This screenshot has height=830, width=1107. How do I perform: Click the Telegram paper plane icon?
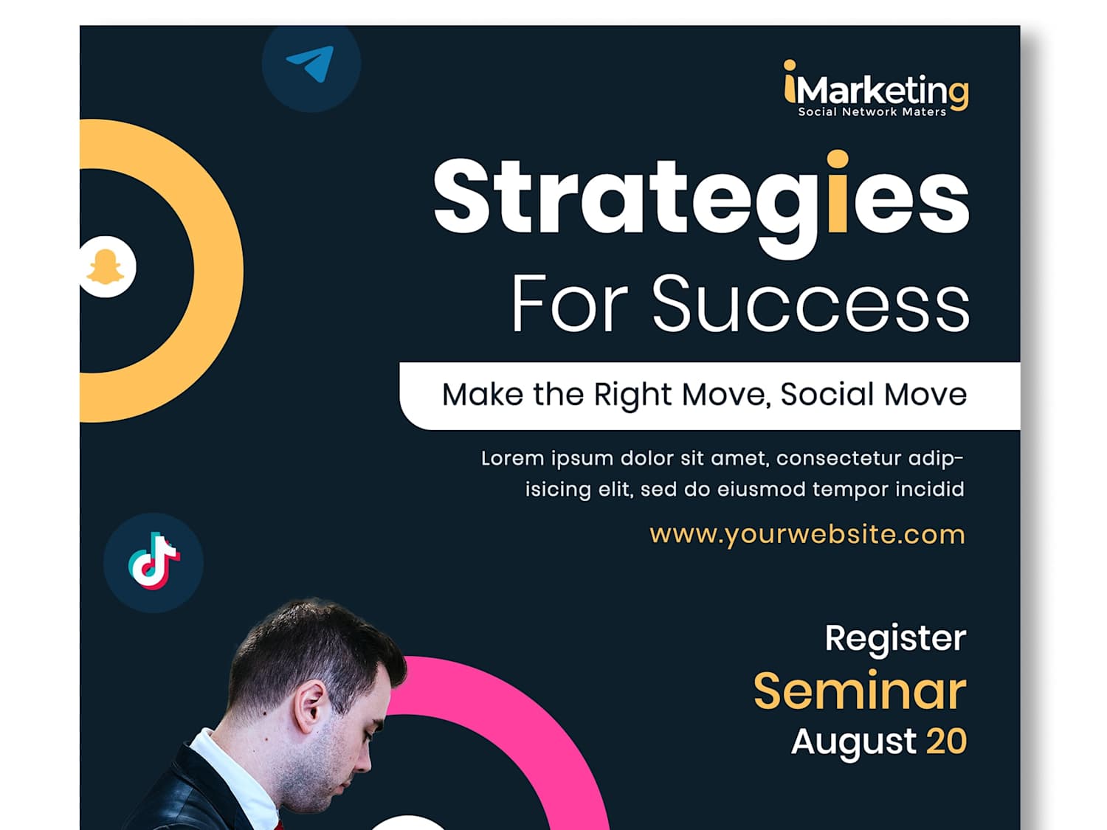pyautogui.click(x=311, y=63)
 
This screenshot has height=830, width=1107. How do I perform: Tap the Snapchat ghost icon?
pyautogui.click(x=105, y=266)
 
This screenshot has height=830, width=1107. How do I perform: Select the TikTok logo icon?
pyautogui.click(x=154, y=561)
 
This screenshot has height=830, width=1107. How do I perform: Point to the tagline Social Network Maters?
pyautogui.click(x=872, y=112)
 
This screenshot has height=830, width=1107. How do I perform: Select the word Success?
pyautogui.click(x=811, y=303)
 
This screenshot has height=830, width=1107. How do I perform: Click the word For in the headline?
pyautogui.click(x=570, y=303)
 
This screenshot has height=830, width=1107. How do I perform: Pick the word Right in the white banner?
pyautogui.click(x=632, y=395)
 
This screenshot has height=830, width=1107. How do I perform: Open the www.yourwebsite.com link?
pyautogui.click(x=807, y=535)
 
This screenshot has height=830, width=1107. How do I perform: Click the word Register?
pyautogui.click(x=895, y=639)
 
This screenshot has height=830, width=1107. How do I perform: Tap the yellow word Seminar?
pyautogui.click(x=860, y=691)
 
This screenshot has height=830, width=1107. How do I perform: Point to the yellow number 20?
pyautogui.click(x=947, y=741)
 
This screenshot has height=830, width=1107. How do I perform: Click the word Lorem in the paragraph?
pyautogui.click(x=512, y=459)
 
